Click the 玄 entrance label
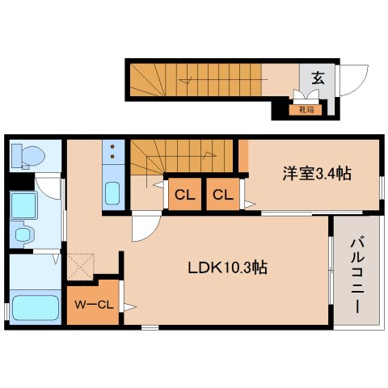pyautogui.click(x=318, y=78)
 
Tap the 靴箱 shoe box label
pyautogui.click(x=306, y=108)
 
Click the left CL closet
pyautogui.click(x=184, y=194)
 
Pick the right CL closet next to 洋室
pyautogui.click(x=222, y=194)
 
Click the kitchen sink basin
pyautogui.click(x=112, y=194)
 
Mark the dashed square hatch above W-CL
pyautogui.click(x=82, y=264)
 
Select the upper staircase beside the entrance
pyautogui.click(x=194, y=78)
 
